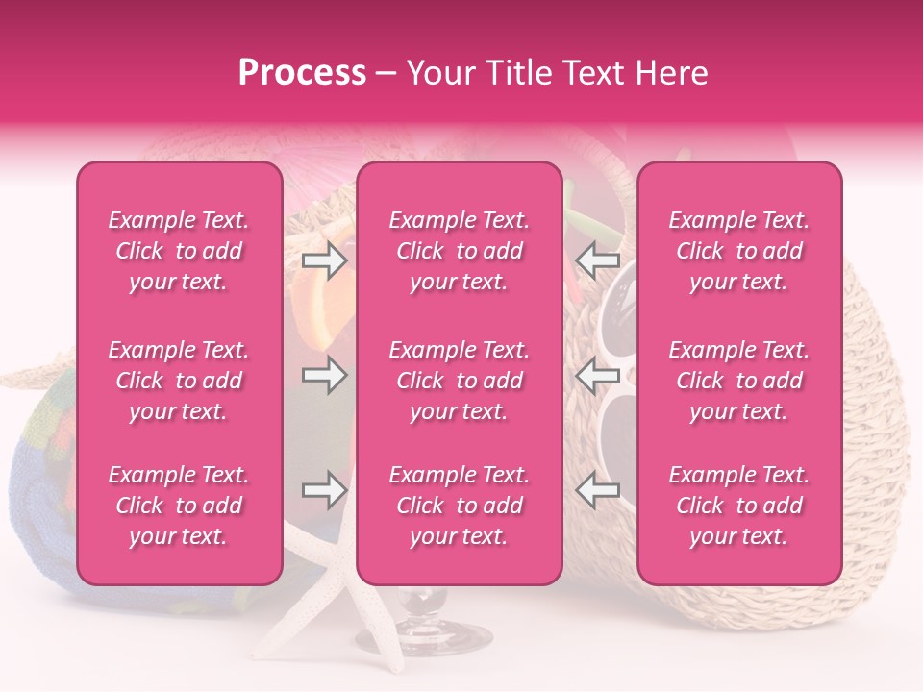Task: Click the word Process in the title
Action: pyautogui.click(x=302, y=73)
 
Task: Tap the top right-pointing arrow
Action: pyautogui.click(x=325, y=259)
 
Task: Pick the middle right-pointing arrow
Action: pyautogui.click(x=325, y=375)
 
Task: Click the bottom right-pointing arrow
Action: pyautogui.click(x=325, y=490)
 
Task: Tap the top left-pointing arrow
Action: pyautogui.click(x=597, y=259)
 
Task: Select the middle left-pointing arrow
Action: pyautogui.click(x=597, y=375)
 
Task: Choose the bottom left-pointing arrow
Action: pyautogui.click(x=597, y=490)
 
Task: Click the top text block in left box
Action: pyautogui.click(x=179, y=251)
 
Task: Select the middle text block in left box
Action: pyautogui.click(x=179, y=381)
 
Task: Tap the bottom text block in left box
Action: pyautogui.click(x=179, y=506)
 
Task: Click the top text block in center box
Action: pyautogui.click(x=459, y=251)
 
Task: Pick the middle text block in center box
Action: pyautogui.click(x=459, y=381)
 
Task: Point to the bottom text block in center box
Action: pyautogui.click(x=459, y=506)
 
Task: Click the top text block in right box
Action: pyautogui.click(x=739, y=251)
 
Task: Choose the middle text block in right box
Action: pyautogui.click(x=739, y=381)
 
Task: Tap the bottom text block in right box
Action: pyautogui.click(x=739, y=506)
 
